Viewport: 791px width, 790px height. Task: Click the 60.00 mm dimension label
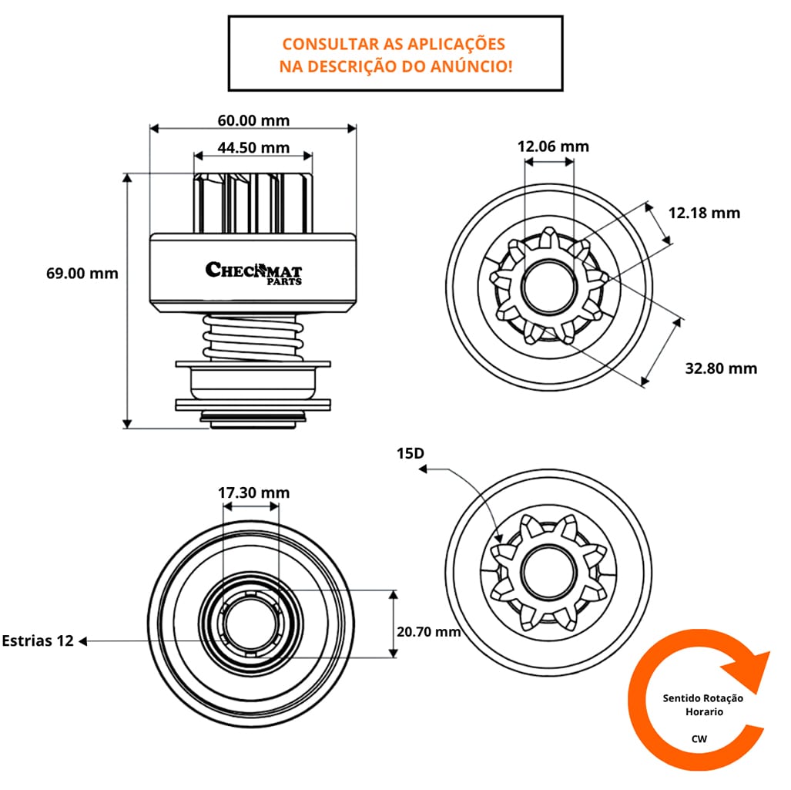pyautogui.click(x=253, y=120)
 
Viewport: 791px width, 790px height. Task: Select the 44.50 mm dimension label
pyautogui.click(x=253, y=147)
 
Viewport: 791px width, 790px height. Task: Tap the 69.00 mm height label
pyautogui.click(x=82, y=273)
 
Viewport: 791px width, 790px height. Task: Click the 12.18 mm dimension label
pyautogui.click(x=703, y=212)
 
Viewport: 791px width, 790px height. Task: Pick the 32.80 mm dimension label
pyautogui.click(x=721, y=368)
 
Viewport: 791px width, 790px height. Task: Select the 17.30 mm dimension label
pyautogui.click(x=253, y=492)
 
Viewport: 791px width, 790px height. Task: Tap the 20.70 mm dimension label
pyautogui.click(x=428, y=631)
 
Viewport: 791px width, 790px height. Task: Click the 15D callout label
pyautogui.click(x=411, y=453)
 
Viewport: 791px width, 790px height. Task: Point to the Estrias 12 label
pyautogui.click(x=38, y=640)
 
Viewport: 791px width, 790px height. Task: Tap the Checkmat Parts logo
pyautogui.click(x=253, y=272)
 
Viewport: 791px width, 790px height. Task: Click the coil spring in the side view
pyautogui.click(x=252, y=338)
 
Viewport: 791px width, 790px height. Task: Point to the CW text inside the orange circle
pyautogui.click(x=699, y=738)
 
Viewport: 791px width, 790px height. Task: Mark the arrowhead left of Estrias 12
pyautogui.click(x=84, y=640)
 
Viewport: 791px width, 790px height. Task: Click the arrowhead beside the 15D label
pyautogui.click(x=423, y=468)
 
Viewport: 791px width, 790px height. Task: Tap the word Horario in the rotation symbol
pyautogui.click(x=704, y=712)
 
